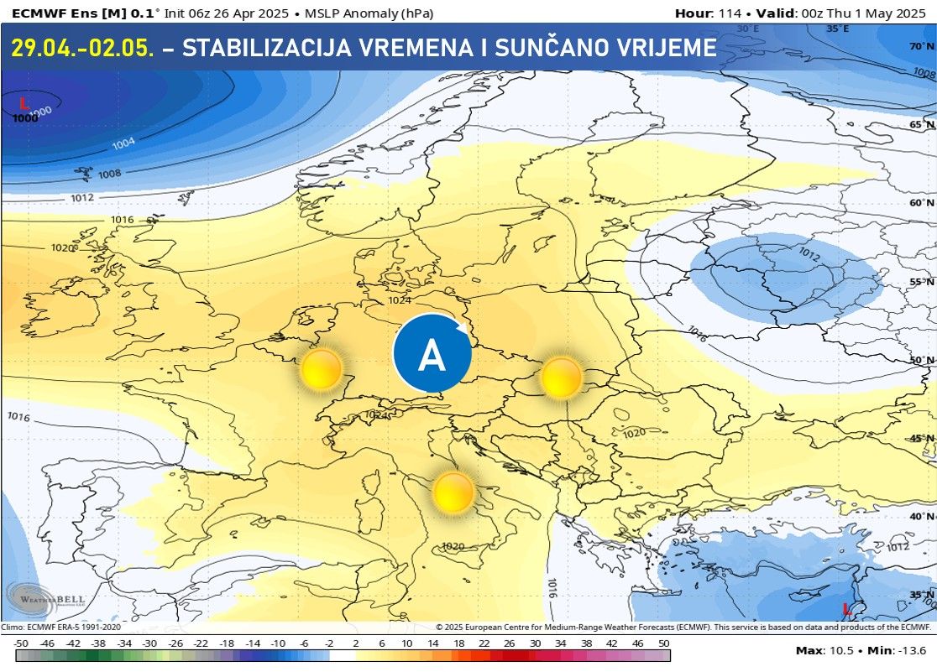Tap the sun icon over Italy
coord(453,492)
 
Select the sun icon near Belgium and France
coord(322,369)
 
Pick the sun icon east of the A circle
coord(562,377)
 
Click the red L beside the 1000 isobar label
coord(24,102)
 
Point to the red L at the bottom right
coord(847,608)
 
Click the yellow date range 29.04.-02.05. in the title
coord(82,48)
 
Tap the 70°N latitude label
coord(921,46)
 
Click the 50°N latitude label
coord(921,360)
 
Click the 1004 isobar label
coord(123,143)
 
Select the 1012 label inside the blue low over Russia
coord(809,253)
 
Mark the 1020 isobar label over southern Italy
coord(453,546)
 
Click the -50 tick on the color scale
coord(22,643)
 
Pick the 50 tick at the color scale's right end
coord(663,643)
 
